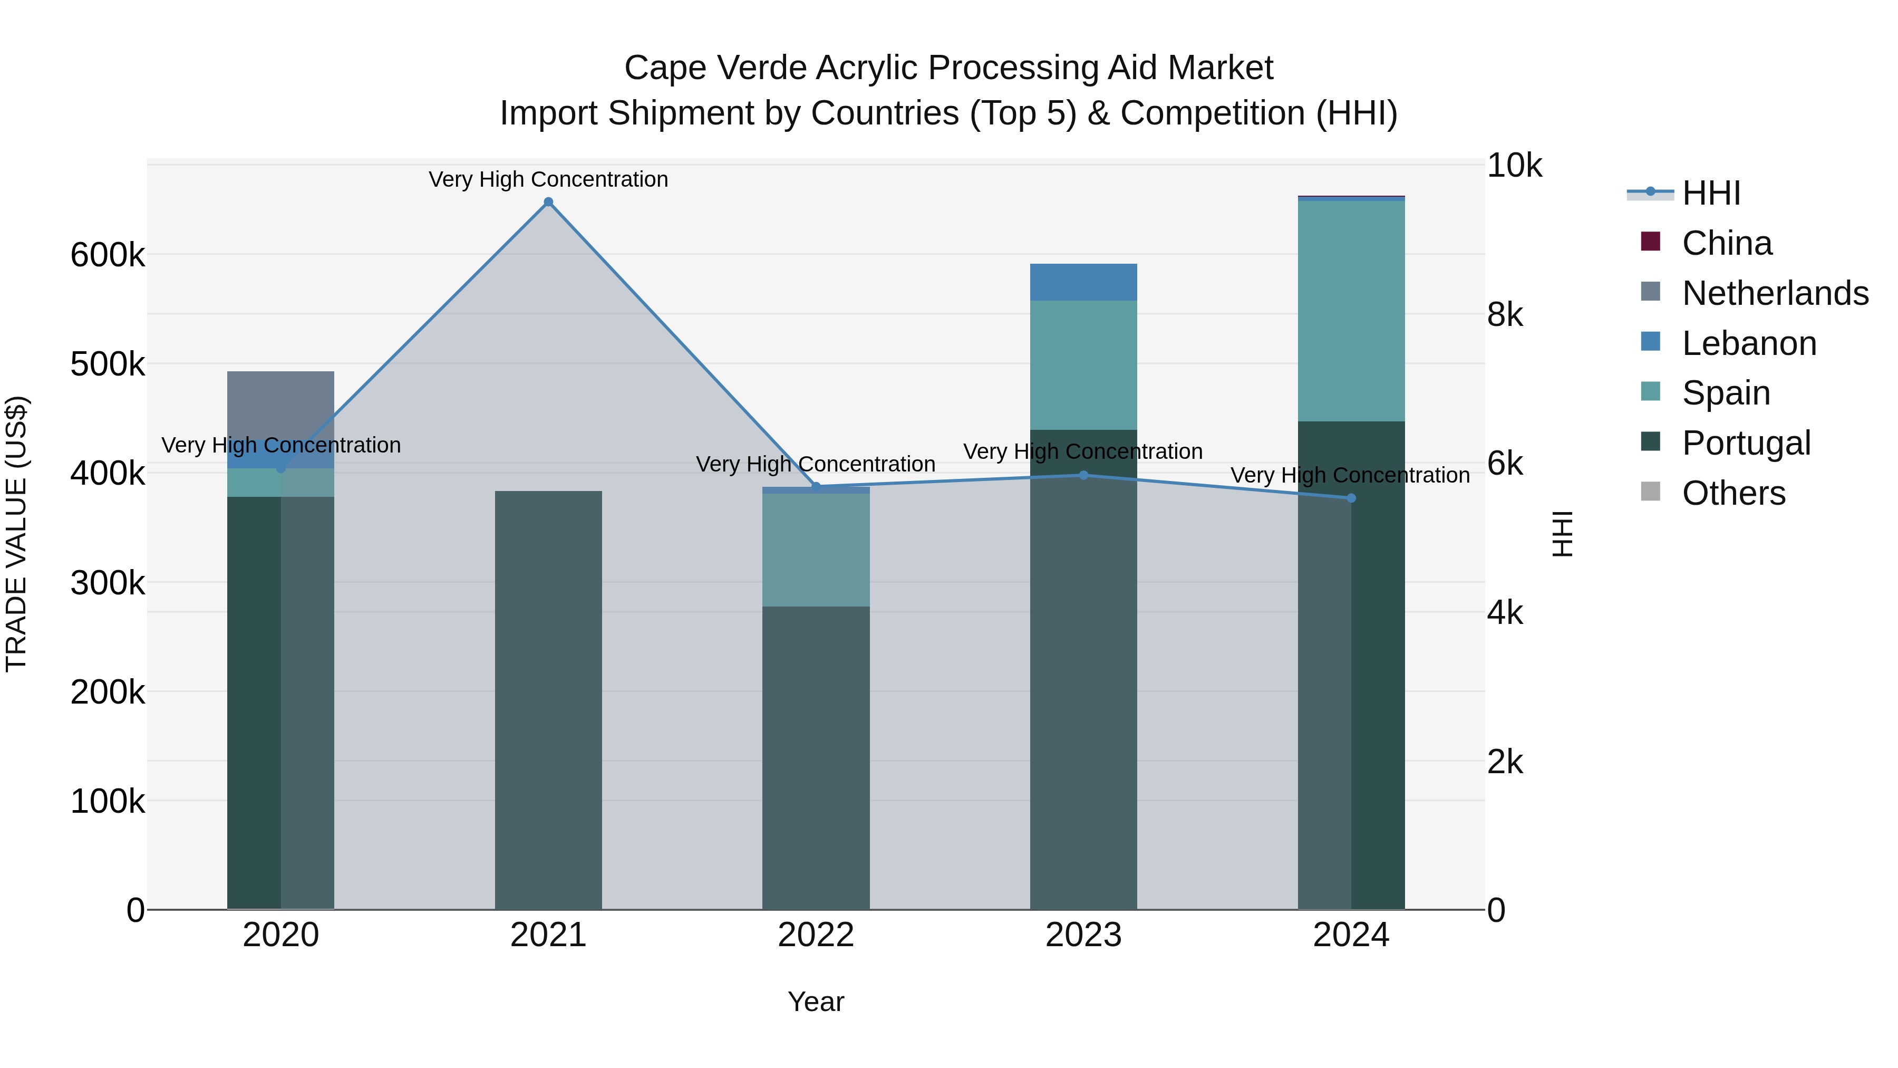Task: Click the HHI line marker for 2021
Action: pos(548,202)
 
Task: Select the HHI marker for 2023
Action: pos(1083,475)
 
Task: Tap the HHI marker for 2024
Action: pos(1351,498)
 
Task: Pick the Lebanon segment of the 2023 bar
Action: pos(1083,282)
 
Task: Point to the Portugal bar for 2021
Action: pos(548,700)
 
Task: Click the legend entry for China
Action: pos(1726,243)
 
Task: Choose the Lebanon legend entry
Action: pos(1748,343)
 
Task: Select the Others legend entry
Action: pos(1733,493)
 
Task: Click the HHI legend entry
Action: pos(1711,193)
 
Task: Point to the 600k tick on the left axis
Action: pos(108,256)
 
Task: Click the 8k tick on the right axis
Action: pos(1505,315)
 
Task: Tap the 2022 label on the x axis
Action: pos(816,935)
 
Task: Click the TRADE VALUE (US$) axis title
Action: pos(16,534)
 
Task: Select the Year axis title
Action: pos(816,1002)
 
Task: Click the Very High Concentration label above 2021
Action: pos(548,179)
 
